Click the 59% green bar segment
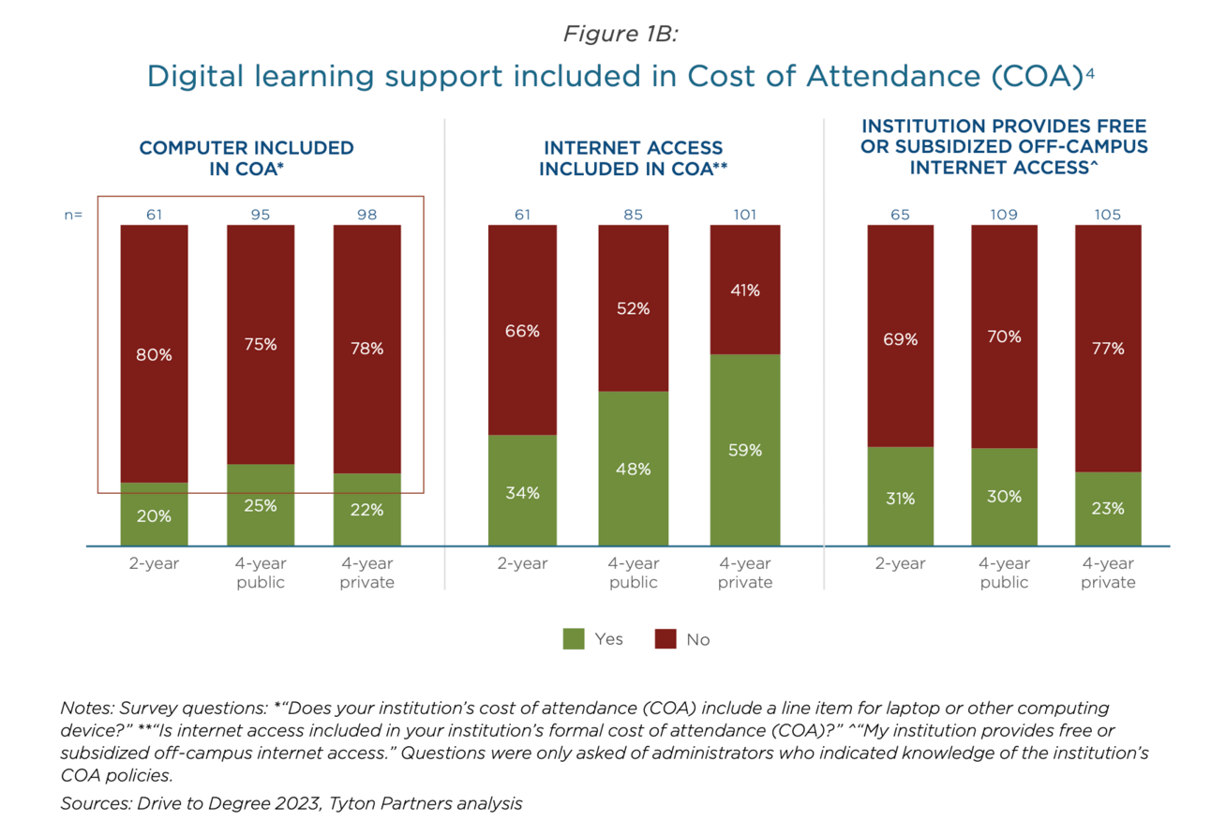click(744, 450)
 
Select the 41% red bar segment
click(744, 290)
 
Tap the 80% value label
click(154, 355)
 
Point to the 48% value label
click(634, 469)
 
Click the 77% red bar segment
click(1108, 348)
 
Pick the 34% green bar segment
click(522, 490)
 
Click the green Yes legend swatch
click(573, 639)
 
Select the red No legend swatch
click(665, 639)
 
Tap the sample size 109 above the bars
click(1004, 215)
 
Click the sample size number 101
click(744, 215)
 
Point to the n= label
click(73, 215)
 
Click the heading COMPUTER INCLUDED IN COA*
click(247, 158)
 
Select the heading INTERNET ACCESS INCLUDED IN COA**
click(634, 158)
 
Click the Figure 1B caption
click(620, 35)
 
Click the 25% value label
click(261, 505)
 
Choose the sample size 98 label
click(366, 215)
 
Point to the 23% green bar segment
click(1108, 508)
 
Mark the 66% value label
click(522, 330)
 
